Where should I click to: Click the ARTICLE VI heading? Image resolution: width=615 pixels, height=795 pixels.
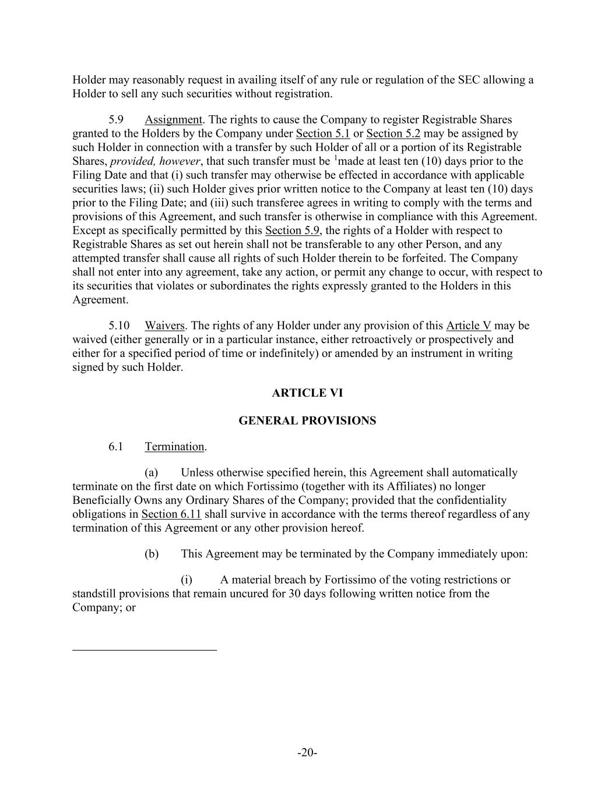click(x=307, y=393)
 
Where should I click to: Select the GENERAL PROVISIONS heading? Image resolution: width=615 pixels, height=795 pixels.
click(x=307, y=421)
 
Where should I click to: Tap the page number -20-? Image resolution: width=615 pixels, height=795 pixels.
click(x=307, y=752)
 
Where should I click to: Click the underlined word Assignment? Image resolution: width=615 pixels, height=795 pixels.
click(x=173, y=120)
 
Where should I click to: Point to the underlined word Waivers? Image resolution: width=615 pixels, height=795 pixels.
click(x=164, y=326)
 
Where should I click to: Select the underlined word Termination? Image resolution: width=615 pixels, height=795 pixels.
click(x=174, y=447)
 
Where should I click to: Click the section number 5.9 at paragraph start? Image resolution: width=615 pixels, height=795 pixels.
click(x=115, y=120)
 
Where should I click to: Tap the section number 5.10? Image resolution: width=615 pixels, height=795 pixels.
click(x=118, y=326)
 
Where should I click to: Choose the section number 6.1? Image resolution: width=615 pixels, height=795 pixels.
click(x=115, y=447)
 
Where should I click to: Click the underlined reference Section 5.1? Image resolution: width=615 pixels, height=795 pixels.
click(x=322, y=134)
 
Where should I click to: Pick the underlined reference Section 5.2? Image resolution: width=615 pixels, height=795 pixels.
click(x=393, y=134)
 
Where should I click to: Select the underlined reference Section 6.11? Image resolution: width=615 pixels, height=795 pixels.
click(x=171, y=514)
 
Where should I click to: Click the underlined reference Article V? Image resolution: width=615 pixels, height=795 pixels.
click(x=468, y=326)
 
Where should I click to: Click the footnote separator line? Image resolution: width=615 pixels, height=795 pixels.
click(x=145, y=649)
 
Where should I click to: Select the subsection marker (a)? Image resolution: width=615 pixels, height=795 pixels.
click(x=151, y=472)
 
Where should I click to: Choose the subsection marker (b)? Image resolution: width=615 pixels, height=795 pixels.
click(x=151, y=554)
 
